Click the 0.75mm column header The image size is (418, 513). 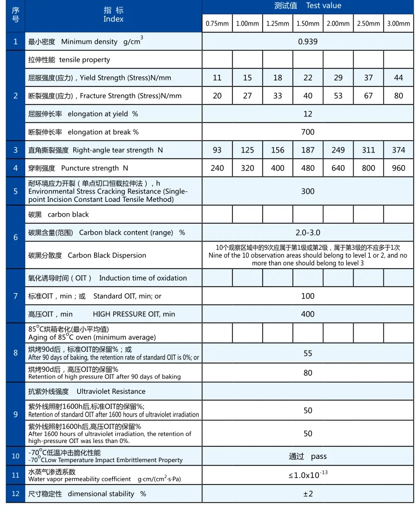(217, 24)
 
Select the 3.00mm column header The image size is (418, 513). (398, 24)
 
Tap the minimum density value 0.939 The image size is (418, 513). (307, 42)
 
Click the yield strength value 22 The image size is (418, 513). (307, 78)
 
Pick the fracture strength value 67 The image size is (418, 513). (368, 96)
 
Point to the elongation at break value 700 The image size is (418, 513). (307, 132)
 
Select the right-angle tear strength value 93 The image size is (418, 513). (217, 150)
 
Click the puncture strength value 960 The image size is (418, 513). (398, 168)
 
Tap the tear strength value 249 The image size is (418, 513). (338, 150)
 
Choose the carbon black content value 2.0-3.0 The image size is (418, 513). (307, 232)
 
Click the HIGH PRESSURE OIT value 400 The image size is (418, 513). (307, 314)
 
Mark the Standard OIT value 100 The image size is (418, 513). (307, 296)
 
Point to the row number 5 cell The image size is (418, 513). (15, 191)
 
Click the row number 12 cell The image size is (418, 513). (15, 493)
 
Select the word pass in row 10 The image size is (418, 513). (318, 456)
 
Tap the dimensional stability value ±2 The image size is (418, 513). (307, 494)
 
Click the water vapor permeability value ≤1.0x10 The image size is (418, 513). (305, 475)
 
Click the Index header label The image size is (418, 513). (113, 19)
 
